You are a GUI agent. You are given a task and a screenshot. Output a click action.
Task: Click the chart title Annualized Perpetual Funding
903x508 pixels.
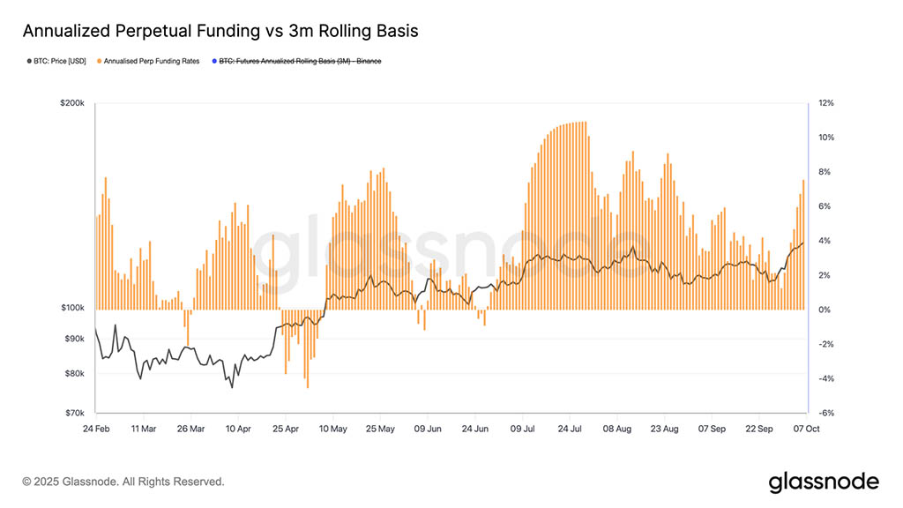point(220,31)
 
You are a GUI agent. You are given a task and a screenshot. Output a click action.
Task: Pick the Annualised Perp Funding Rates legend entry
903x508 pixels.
point(152,61)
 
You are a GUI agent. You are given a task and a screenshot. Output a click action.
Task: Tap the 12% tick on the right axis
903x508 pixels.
point(826,103)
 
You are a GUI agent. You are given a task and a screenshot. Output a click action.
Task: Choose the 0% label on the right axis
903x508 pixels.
point(825,310)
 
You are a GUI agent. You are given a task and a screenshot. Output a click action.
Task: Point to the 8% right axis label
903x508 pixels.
point(825,172)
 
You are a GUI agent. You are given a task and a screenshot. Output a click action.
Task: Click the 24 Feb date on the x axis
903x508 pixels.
point(95,430)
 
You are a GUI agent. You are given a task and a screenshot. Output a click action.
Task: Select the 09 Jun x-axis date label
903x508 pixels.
point(428,430)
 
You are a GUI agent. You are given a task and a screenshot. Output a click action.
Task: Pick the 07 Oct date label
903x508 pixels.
point(807,430)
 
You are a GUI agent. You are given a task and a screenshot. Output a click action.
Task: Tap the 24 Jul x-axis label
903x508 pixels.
point(570,430)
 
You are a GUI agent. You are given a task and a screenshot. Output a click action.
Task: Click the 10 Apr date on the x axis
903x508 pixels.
point(238,430)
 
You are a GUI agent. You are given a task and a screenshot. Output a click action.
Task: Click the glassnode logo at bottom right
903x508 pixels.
point(824,482)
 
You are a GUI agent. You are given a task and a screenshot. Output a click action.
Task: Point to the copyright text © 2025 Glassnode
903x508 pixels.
point(123,482)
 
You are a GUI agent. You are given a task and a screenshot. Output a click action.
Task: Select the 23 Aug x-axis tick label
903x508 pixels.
point(664,430)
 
